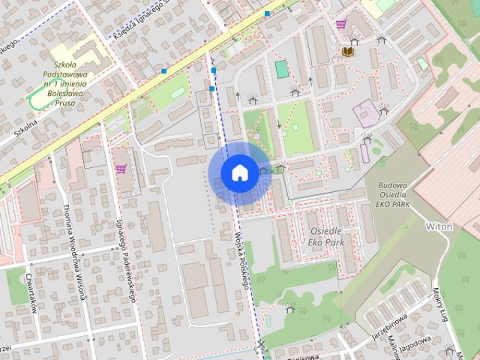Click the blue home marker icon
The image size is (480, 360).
(238, 172)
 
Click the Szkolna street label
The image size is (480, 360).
(24, 128)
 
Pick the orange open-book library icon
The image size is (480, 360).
(347, 51)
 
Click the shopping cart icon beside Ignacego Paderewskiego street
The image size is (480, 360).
(121, 169)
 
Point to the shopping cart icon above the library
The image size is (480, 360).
(341, 24)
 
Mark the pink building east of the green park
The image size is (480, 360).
(366, 115)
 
